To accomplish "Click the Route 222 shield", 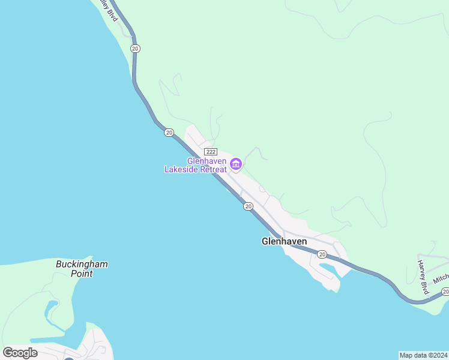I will (x=210, y=152).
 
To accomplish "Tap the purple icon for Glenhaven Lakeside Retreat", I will (x=236, y=163).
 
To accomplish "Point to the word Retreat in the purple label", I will (x=214, y=170).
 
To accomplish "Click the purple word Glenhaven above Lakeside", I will (x=207, y=161).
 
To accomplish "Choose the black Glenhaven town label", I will (x=284, y=241).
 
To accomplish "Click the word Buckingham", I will (x=82, y=264).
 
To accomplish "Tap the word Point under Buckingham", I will (x=82, y=274).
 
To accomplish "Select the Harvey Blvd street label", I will (x=424, y=277).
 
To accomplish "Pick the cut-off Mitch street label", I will (x=441, y=278).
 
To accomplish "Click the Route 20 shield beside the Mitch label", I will (x=445, y=292).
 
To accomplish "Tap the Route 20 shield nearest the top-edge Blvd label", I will (x=135, y=48).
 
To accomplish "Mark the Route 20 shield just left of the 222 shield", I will (x=169, y=132).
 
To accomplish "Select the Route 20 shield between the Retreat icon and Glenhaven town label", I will (x=248, y=206).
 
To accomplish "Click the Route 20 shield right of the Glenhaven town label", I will (x=322, y=255).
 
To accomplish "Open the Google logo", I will (x=20, y=352).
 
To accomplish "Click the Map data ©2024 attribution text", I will (x=423, y=355).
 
